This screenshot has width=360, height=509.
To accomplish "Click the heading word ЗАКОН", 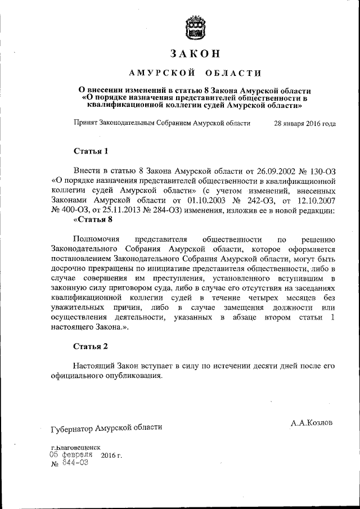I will pyautogui.click(x=194, y=55).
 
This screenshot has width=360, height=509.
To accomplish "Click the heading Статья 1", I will pyautogui.click(x=91, y=151).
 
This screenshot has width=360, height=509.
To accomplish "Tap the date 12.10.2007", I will pyautogui.click(x=316, y=201).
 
